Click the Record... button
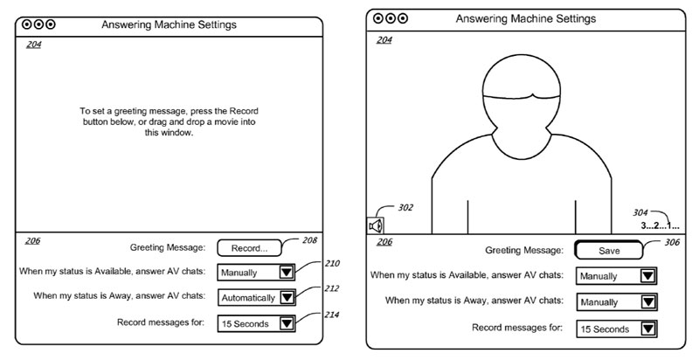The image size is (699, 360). click(248, 248)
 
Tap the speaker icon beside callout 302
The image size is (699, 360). click(376, 225)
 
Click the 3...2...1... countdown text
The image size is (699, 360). click(660, 225)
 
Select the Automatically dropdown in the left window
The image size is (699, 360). click(256, 297)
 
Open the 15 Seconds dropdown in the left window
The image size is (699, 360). click(256, 323)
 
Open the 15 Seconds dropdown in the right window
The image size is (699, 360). click(616, 329)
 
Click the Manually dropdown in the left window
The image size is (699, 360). click(256, 273)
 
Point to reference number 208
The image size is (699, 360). click(309, 239)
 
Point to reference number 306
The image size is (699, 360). click(672, 242)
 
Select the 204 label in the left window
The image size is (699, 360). click(33, 45)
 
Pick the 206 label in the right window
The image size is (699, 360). click(384, 241)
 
